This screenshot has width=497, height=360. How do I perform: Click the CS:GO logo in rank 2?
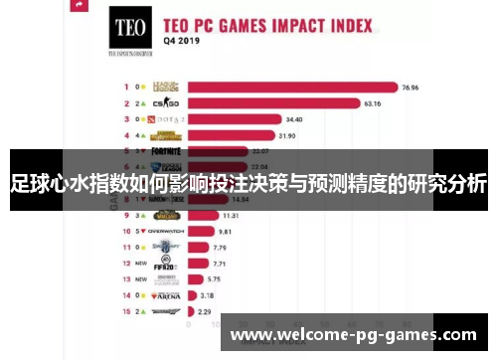point(167,101)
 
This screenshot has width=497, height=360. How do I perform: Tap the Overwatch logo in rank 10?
point(166,230)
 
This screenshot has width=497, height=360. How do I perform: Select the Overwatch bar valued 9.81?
point(200,230)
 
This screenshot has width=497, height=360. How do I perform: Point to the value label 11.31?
point(231,214)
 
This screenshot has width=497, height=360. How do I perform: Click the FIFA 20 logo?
point(165,263)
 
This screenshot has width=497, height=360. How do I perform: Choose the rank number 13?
point(126,278)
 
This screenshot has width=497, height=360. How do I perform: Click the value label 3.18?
point(207,294)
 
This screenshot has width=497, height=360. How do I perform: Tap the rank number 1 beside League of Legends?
point(126,87)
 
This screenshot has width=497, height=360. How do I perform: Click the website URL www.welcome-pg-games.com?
point(353,335)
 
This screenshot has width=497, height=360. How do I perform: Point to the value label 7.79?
point(221,246)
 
